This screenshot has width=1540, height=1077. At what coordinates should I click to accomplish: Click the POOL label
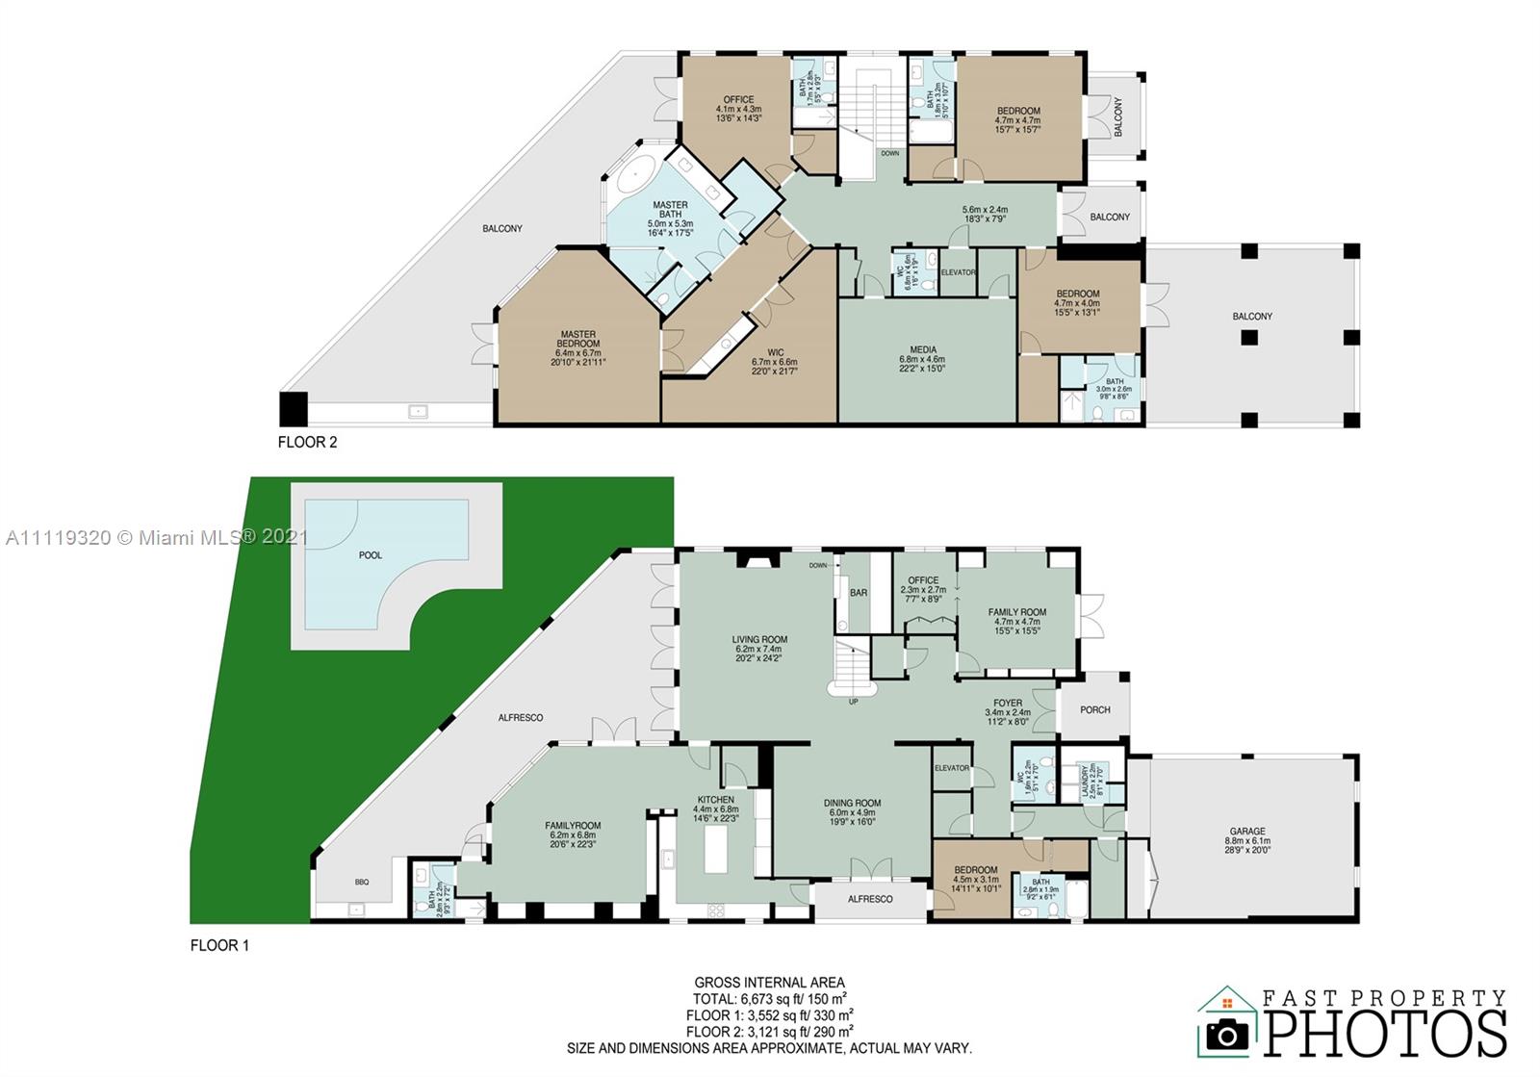pyautogui.click(x=370, y=555)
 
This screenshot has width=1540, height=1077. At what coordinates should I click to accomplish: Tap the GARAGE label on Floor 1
pyautogui.click(x=1247, y=832)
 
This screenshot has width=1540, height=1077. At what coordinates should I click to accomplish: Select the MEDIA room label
pyautogui.click(x=923, y=350)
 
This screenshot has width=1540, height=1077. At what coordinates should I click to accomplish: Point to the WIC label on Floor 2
pyautogui.click(x=775, y=352)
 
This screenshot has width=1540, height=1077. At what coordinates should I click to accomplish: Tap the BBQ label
pyautogui.click(x=362, y=882)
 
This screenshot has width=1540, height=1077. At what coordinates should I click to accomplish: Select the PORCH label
pyautogui.click(x=1094, y=710)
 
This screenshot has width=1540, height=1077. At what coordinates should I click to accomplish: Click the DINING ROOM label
pyautogui.click(x=852, y=803)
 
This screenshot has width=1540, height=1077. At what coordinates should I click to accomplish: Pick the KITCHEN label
pyautogui.click(x=715, y=800)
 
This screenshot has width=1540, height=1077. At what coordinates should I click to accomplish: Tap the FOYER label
pyautogui.click(x=1008, y=704)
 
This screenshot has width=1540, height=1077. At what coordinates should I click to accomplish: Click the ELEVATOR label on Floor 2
pyautogui.click(x=958, y=272)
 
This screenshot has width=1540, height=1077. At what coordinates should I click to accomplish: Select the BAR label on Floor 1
pyautogui.click(x=859, y=593)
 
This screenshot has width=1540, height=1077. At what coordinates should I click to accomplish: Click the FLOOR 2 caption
pyautogui.click(x=307, y=443)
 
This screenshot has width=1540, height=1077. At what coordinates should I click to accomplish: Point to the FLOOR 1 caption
pyautogui.click(x=219, y=945)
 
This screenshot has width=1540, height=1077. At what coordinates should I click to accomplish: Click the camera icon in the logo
pyautogui.click(x=1227, y=1035)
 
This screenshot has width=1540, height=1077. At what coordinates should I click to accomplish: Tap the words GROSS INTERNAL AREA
pyautogui.click(x=769, y=983)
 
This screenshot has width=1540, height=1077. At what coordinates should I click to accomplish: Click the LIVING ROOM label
pyautogui.click(x=759, y=639)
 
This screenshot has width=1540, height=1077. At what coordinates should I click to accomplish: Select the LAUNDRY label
pyautogui.click(x=1085, y=782)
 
